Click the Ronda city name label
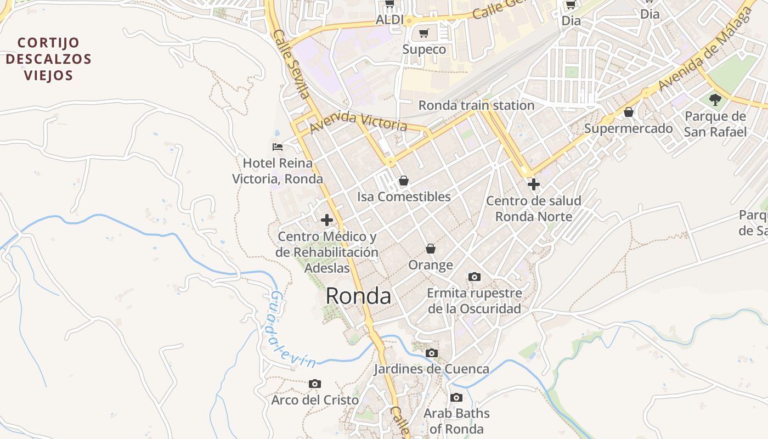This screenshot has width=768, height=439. pyautogui.click(x=358, y=296)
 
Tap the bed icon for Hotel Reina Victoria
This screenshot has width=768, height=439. pyautogui.click(x=278, y=147)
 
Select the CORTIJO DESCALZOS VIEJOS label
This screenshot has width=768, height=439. pyautogui.click(x=49, y=59)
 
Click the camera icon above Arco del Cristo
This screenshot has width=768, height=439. pyautogui.click(x=314, y=384)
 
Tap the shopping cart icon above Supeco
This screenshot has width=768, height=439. pyautogui.click(x=423, y=33)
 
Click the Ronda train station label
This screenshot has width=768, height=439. pyautogui.click(x=476, y=105)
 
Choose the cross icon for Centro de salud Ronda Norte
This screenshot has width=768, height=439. pyautogui.click(x=533, y=184)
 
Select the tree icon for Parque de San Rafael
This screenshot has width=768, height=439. pyautogui.click(x=715, y=100)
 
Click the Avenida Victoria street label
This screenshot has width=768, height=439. pyautogui.click(x=358, y=122)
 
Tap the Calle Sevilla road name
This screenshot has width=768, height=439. pyautogui.click(x=291, y=64)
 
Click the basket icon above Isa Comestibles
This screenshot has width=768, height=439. pyautogui.click(x=404, y=181)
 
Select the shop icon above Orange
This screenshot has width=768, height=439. pyautogui.click(x=431, y=249)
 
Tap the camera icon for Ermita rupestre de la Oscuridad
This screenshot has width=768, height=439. pyautogui.click(x=474, y=277)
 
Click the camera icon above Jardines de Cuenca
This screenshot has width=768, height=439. pyautogui.click(x=432, y=353)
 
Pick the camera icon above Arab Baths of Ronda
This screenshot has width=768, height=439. pyautogui.click(x=456, y=398)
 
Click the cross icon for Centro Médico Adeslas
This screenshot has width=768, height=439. pyautogui.click(x=327, y=221)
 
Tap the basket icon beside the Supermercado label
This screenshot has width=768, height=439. pyautogui.click(x=629, y=112)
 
